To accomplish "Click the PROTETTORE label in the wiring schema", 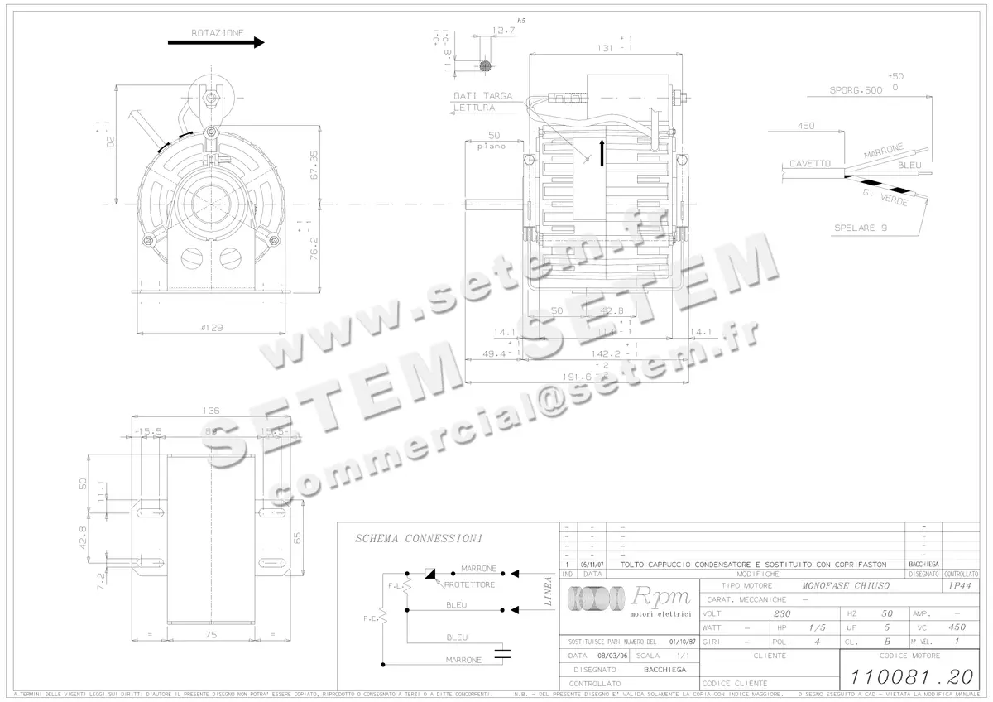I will (x=469, y=585).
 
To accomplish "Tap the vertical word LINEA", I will (x=549, y=591).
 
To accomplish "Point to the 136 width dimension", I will (x=213, y=411).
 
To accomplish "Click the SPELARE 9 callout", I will (x=861, y=228).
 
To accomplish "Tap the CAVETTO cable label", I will (x=809, y=163).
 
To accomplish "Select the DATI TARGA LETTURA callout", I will (x=482, y=102).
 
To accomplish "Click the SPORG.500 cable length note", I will (x=856, y=89).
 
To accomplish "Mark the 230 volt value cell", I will (x=781, y=614).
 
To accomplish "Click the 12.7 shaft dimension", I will (x=503, y=31).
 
